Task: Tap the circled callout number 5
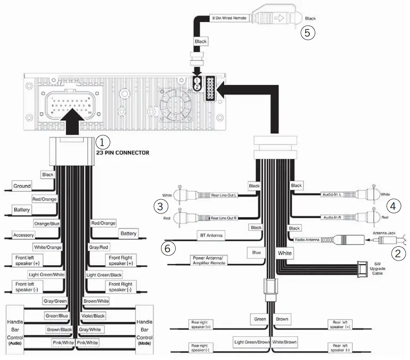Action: pyautogui.click(x=308, y=33)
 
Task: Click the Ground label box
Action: pyautogui.click(x=22, y=186)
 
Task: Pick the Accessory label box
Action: pyautogui.click(x=23, y=235)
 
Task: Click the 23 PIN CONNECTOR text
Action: pyautogui.click(x=123, y=153)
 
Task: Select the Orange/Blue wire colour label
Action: pyautogui.click(x=47, y=224)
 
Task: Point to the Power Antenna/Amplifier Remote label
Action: pyautogui.click(x=209, y=260)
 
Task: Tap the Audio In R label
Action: pyautogui.click(x=333, y=217)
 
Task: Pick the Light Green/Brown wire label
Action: pyautogui.click(x=252, y=342)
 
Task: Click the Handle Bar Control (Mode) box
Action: pyautogui.click(x=145, y=329)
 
